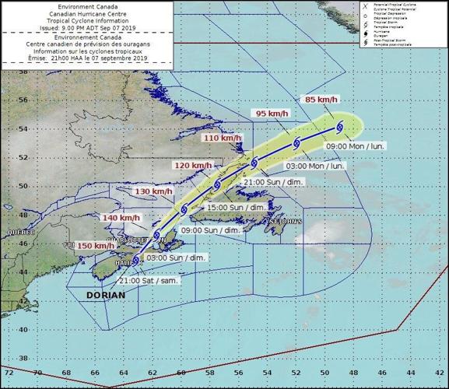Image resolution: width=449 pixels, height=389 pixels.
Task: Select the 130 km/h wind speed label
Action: pyautogui.click(x=153, y=191)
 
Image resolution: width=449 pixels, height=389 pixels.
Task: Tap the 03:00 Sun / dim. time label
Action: pyautogui.click(x=177, y=257)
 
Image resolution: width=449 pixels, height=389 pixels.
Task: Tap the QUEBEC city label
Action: pyautogui.click(x=22, y=233)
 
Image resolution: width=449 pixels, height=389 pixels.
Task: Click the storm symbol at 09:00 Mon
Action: pyautogui.click(x=339, y=128)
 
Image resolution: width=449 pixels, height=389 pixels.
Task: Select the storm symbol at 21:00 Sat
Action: pyautogui.click(x=137, y=260)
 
